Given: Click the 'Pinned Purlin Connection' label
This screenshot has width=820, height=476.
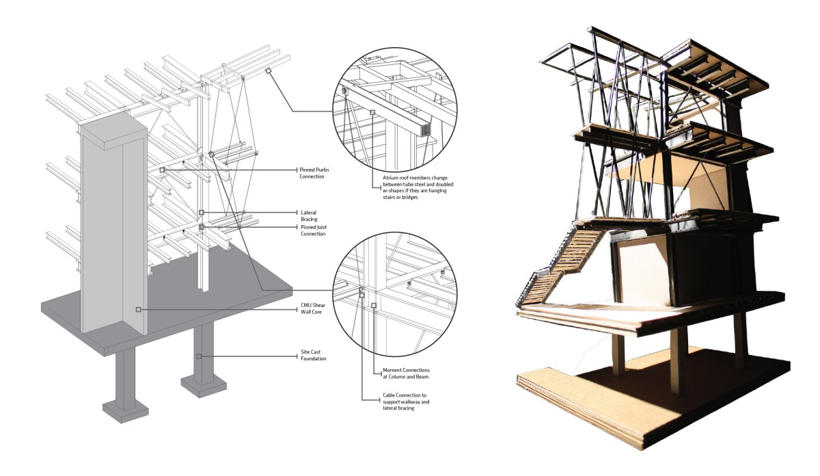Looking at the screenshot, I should tap(311, 172).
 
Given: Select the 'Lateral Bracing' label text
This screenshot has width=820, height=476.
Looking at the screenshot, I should tap(308, 215).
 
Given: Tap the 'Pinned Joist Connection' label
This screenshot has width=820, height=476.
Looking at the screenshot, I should tap(312, 230).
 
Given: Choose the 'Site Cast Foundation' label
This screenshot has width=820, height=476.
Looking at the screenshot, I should tap(312, 356).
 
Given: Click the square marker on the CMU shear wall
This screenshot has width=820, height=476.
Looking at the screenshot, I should tap(138, 310).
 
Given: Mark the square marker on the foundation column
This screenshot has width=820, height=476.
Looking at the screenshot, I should tap(199, 356).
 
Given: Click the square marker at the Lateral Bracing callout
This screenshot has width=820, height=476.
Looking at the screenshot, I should tap(201, 213).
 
